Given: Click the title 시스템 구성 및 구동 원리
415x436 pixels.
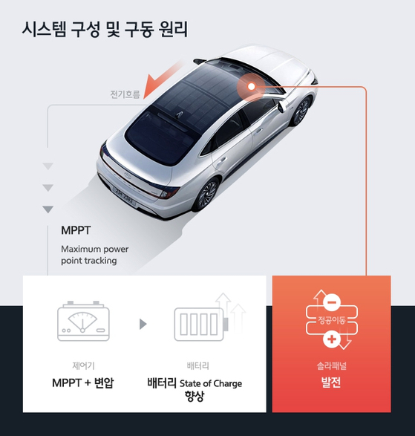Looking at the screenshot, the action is point(105,30).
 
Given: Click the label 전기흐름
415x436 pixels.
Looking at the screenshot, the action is point(125,94).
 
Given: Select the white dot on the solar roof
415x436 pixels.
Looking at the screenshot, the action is point(251,86).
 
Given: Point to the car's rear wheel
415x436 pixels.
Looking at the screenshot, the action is point(206,194).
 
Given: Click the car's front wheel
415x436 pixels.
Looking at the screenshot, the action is point(300,111).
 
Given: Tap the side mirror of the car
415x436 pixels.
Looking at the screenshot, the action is point(281,105).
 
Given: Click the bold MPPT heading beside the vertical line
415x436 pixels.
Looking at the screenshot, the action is point(76,230).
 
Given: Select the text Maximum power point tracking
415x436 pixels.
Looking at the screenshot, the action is point(95,255).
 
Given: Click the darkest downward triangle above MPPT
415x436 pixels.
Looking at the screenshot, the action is point(48,209).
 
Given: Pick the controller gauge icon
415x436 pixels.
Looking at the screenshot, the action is point(83,321).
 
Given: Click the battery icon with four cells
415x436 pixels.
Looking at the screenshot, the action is point(201,325).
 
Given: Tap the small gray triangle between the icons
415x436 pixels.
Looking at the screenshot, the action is point(143,324).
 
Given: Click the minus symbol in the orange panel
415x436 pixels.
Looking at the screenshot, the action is point(332,302).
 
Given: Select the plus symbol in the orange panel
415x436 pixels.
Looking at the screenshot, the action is point(332,339).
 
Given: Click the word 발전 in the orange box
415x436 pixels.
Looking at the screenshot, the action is point(331,383).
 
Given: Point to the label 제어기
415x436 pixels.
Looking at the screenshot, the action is point(83,365).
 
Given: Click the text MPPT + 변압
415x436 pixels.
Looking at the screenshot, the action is point(83,383).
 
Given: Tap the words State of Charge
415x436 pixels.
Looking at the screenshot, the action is point(211,384).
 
